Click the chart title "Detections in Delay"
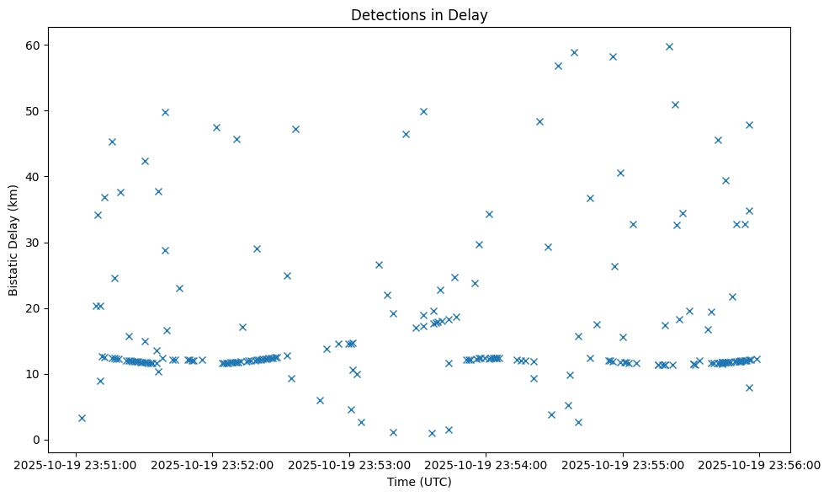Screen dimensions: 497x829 click(419, 15)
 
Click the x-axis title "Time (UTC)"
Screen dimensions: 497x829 click(419, 482)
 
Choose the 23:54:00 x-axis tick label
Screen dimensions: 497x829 click(486, 463)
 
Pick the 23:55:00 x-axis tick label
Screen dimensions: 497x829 click(623, 463)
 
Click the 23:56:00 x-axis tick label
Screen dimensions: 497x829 click(760, 463)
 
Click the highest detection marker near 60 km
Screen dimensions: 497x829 click(669, 46)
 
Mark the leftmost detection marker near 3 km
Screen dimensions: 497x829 click(82, 418)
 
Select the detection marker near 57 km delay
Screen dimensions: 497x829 click(558, 66)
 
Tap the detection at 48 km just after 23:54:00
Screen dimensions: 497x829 click(539, 121)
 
